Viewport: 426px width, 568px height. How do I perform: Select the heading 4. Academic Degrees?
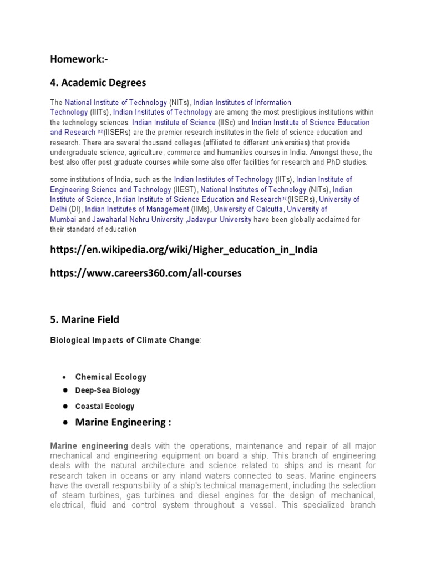pyautogui.click(x=98, y=83)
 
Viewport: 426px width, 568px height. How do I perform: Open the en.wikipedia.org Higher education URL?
pyautogui.click(x=184, y=250)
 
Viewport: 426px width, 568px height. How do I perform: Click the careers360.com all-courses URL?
pyautogui.click(x=146, y=273)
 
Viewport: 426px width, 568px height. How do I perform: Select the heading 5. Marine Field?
pyautogui.click(x=84, y=319)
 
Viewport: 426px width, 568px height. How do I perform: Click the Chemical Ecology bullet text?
pyautogui.click(x=111, y=377)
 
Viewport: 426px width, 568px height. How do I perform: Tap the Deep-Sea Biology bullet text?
pyautogui.click(x=108, y=390)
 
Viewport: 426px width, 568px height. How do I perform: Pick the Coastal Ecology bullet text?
pyautogui.click(x=105, y=407)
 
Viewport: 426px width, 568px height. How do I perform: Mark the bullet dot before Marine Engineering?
pyautogui.click(x=65, y=423)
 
